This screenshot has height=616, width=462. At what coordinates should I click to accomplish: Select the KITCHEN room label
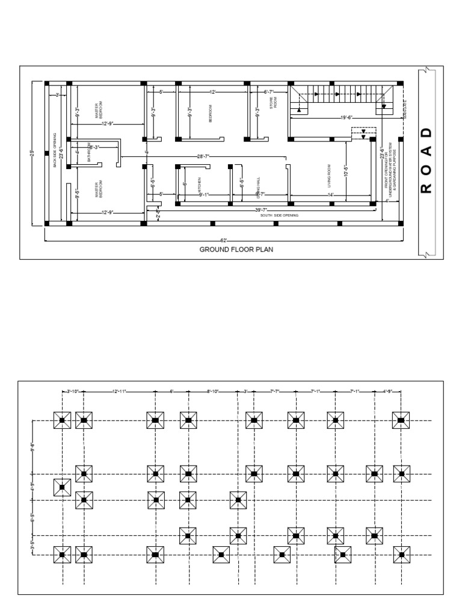[199, 187]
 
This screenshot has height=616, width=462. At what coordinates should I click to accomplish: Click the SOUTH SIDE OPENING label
[279, 215]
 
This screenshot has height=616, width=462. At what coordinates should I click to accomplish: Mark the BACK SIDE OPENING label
[55, 150]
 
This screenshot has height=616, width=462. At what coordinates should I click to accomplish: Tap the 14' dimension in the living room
[330, 194]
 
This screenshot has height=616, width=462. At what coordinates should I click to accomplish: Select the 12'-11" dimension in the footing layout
[119, 391]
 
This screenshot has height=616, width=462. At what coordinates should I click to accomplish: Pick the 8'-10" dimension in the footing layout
[213, 391]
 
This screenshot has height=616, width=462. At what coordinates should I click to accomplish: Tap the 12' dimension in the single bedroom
[212, 92]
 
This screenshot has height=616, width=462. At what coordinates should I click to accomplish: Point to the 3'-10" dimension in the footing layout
[73, 391]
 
